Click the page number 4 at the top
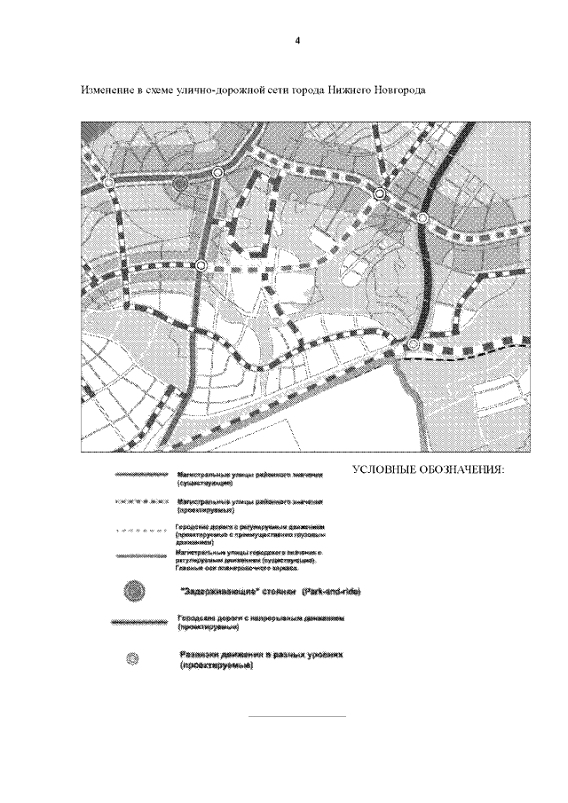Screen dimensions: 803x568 click(x=297, y=40)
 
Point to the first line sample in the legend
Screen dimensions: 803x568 click(x=140, y=476)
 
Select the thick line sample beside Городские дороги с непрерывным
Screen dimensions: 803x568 click(x=139, y=623)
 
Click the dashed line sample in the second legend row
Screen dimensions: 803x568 click(x=140, y=502)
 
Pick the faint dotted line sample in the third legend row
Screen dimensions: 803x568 click(x=140, y=529)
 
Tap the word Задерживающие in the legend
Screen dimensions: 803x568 click(x=214, y=590)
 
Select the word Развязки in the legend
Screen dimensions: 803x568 click(x=198, y=654)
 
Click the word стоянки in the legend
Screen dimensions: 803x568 click(x=276, y=590)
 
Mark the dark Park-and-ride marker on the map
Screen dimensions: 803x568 click(x=180, y=184)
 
